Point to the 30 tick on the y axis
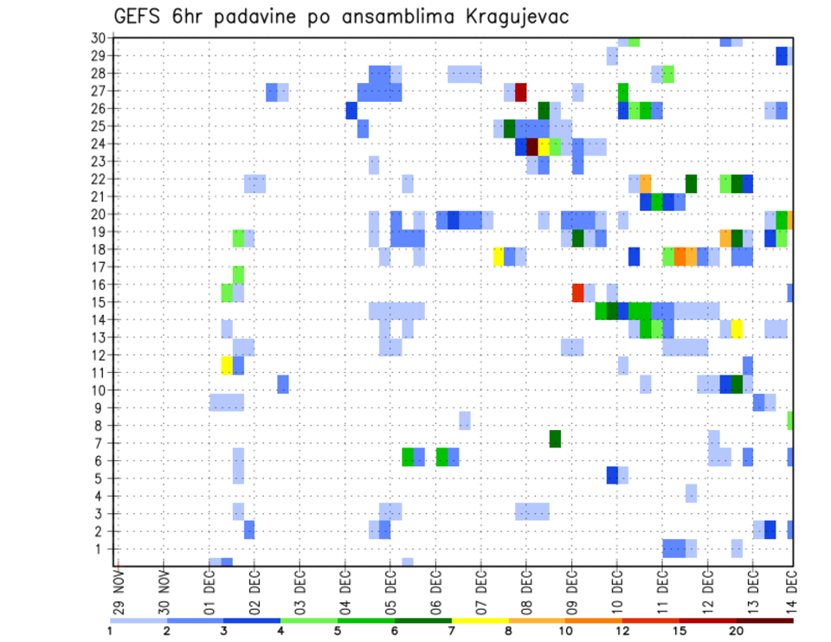(x=98, y=38)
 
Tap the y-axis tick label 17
(x=98, y=267)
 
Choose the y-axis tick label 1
(x=101, y=549)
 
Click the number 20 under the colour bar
(x=738, y=630)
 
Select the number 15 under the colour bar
(x=680, y=630)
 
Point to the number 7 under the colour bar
(x=452, y=630)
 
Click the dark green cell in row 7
(x=555, y=439)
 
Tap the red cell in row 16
(x=577, y=292)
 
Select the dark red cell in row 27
(x=521, y=92)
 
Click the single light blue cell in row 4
(x=691, y=492)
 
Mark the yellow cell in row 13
(x=737, y=329)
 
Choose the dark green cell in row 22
(x=691, y=183)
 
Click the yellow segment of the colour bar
(x=480, y=620)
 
